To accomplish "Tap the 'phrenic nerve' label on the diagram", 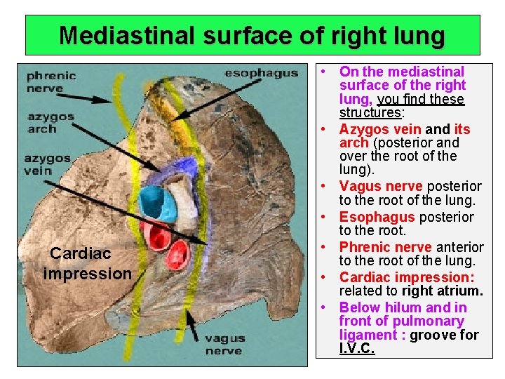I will pyautogui.click(x=46, y=82).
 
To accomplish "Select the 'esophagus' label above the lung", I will pyautogui.click(x=261, y=73).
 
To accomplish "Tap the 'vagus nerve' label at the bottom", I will pyautogui.click(x=224, y=345).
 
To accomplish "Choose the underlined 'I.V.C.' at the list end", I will pyautogui.click(x=357, y=348).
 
